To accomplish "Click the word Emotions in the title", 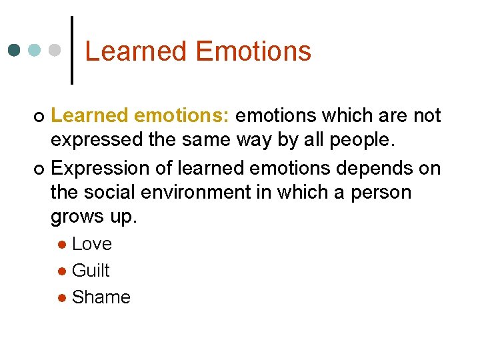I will point(254,51).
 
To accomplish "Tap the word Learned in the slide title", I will point(137,51).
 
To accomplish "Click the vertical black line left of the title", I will point(71,50).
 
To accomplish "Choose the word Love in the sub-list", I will point(91,244).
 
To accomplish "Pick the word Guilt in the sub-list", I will point(90,271).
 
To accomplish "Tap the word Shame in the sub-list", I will point(101,297).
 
